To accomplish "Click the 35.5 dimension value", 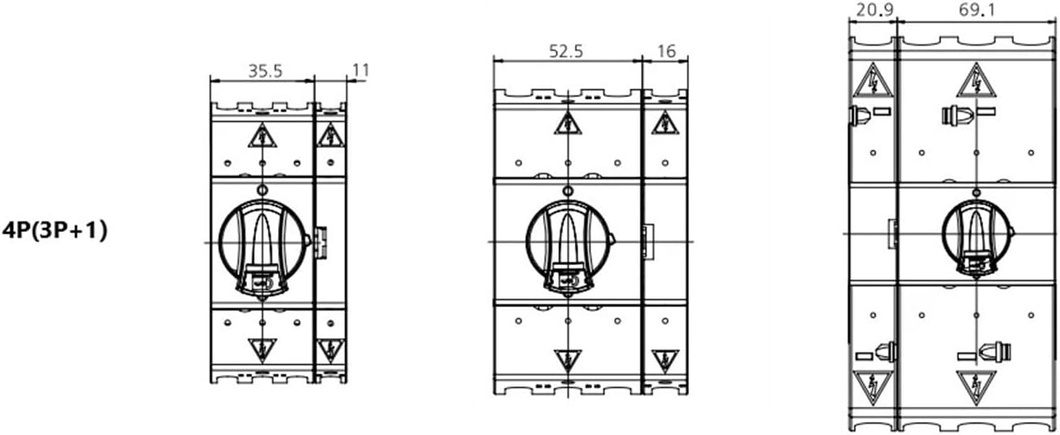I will (x=264, y=70).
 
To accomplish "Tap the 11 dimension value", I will (x=360, y=70).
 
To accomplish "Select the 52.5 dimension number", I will (x=566, y=50).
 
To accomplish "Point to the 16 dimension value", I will (x=667, y=50).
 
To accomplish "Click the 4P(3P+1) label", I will (x=56, y=230).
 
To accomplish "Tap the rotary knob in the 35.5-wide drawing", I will (x=261, y=241).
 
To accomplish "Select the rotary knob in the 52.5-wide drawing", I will (x=567, y=241).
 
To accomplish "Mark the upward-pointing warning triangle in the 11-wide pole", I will (x=330, y=136).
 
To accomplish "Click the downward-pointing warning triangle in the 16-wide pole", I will (x=664, y=359).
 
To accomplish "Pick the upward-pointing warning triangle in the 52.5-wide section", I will (x=568, y=123).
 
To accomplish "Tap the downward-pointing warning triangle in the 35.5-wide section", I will (x=262, y=350).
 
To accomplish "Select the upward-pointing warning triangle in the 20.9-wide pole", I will (x=873, y=79).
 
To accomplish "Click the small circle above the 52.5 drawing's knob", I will (x=568, y=192).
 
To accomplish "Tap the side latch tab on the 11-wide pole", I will (x=321, y=240).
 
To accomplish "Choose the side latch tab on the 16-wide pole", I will (x=646, y=240).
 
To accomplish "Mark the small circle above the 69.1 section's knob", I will (x=977, y=192).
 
